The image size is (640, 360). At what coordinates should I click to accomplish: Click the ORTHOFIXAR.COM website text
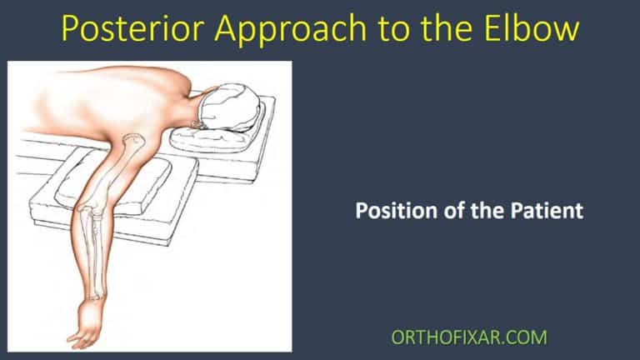coord(469,337)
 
